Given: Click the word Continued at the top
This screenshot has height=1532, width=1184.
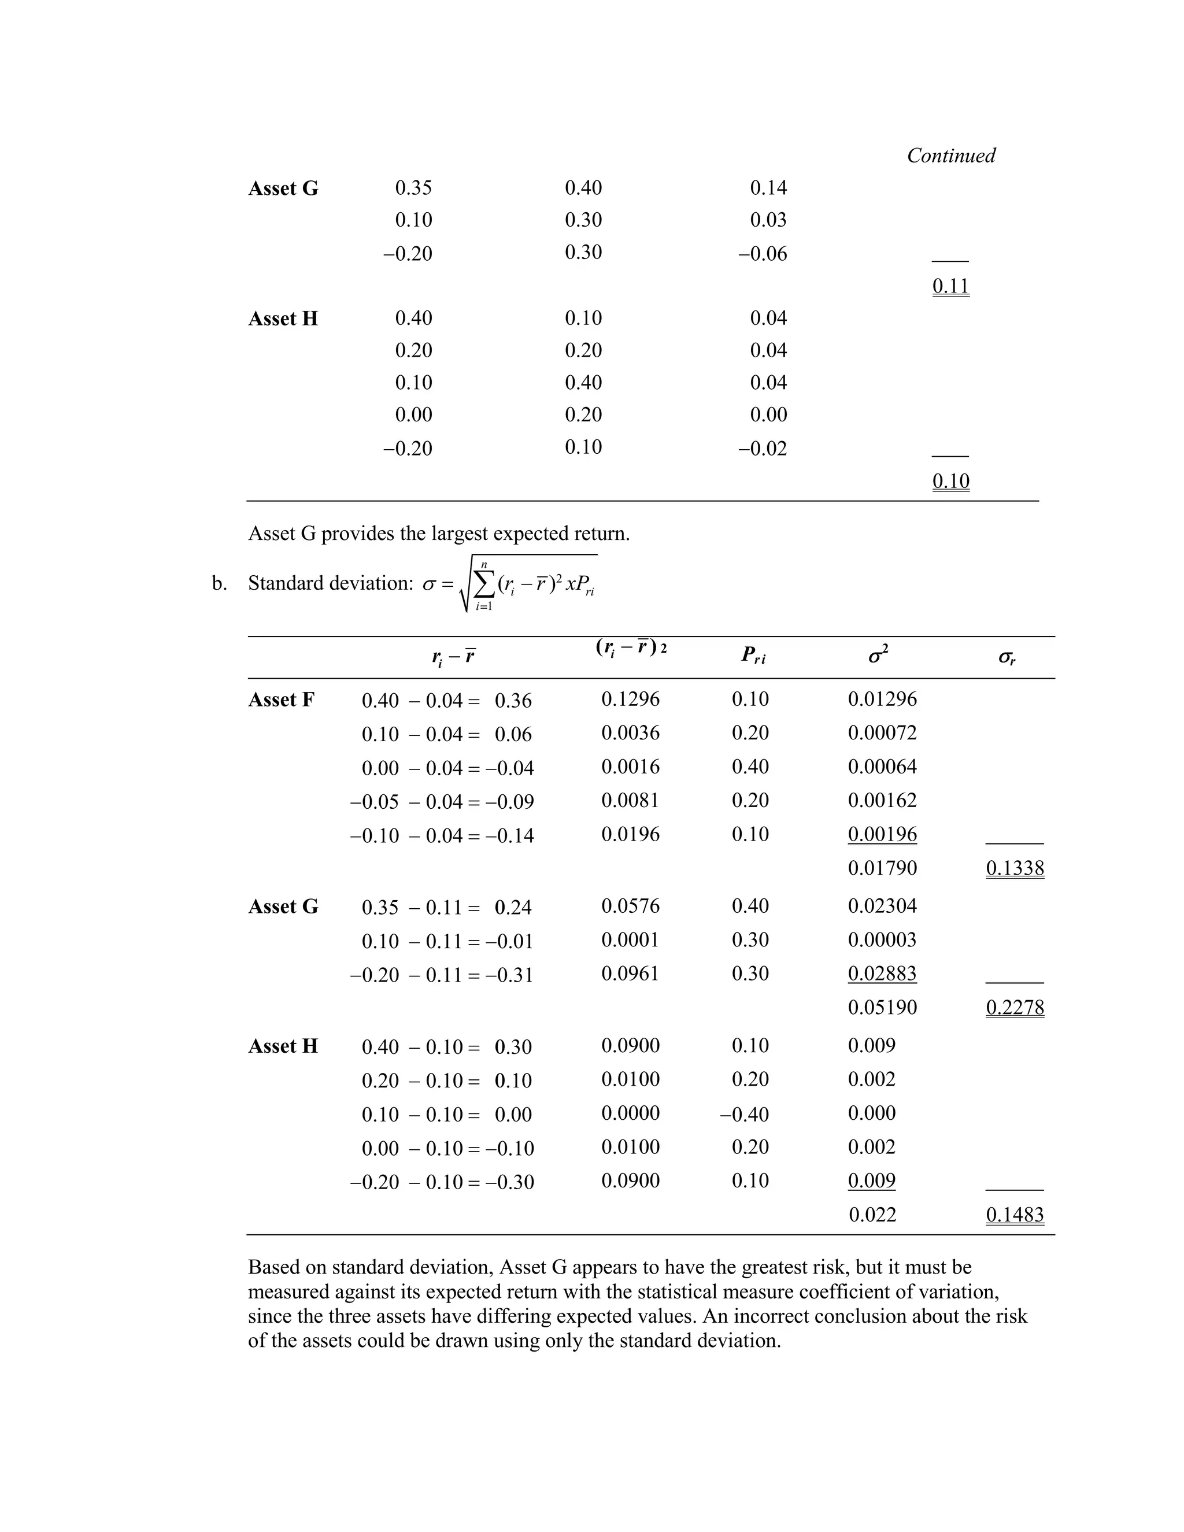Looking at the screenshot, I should click(x=950, y=156).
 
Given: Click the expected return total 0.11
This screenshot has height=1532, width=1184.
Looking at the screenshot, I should click(x=950, y=286).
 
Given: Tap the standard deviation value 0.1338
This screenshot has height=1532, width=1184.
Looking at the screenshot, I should click(x=1014, y=868).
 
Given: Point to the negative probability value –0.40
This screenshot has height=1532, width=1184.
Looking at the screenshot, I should click(x=744, y=1114).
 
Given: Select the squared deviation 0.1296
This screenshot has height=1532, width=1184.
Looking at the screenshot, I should click(x=630, y=700).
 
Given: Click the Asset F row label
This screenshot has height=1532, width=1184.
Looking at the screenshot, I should click(x=282, y=700).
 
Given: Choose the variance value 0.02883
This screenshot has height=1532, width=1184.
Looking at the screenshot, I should click(x=882, y=974).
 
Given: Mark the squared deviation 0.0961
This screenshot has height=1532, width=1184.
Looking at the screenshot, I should click(x=630, y=974).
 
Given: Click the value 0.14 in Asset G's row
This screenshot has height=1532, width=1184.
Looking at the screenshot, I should click(x=768, y=188).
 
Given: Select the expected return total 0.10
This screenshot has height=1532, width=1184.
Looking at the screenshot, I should click(x=950, y=481).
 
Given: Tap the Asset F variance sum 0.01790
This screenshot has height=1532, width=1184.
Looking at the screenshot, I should click(x=882, y=868).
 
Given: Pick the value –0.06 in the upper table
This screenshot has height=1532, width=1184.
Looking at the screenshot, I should click(x=762, y=254).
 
